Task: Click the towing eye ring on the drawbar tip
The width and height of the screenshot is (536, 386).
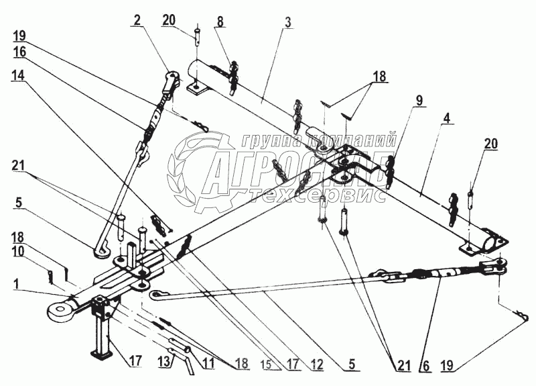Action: click(x=62, y=311)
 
